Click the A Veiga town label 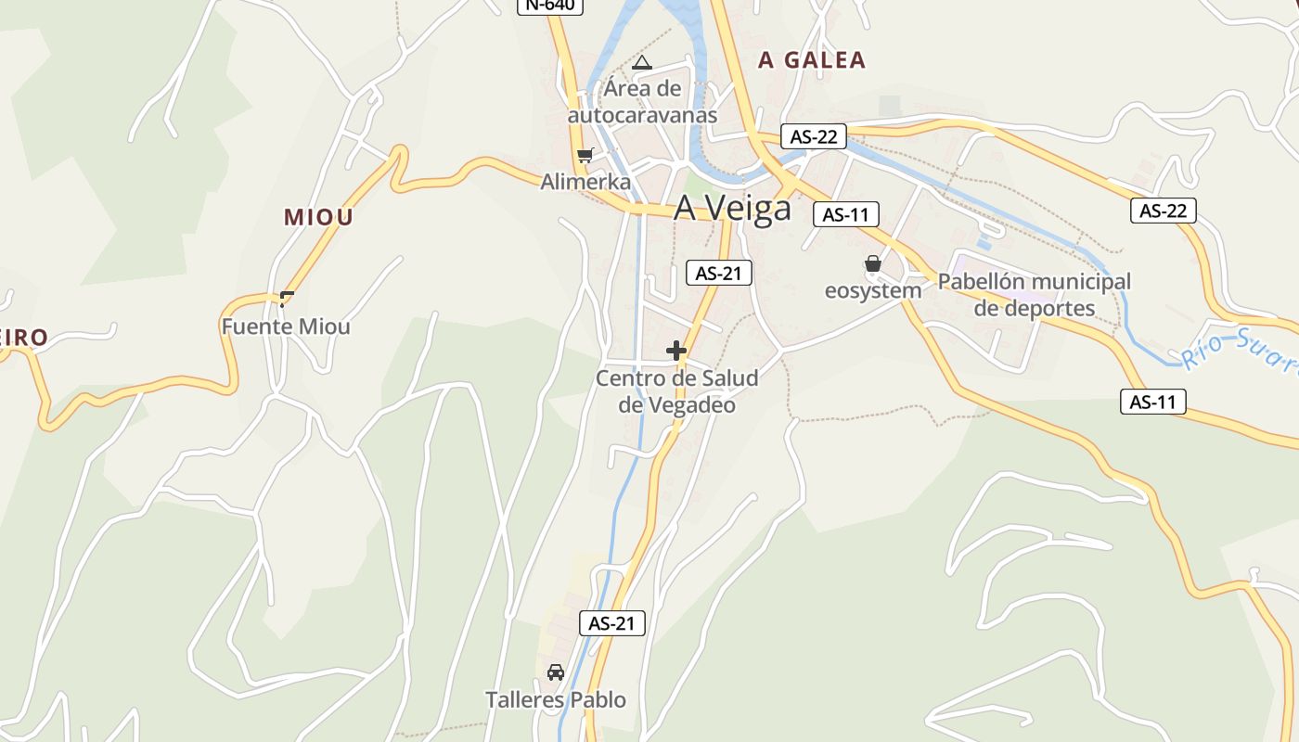point(732,208)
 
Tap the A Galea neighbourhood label point(811,60)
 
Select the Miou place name point(318,217)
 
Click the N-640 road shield point(549,5)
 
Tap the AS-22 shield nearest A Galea point(814,136)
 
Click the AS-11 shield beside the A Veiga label point(845,214)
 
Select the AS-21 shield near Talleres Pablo point(611,623)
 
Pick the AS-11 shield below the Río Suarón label point(1152,402)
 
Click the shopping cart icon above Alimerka point(585,155)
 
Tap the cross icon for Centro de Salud point(676,351)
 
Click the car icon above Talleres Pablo point(556,672)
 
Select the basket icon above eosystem point(872,263)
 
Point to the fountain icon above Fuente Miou point(287,299)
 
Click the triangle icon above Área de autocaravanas point(641,63)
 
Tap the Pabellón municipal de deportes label point(1034,294)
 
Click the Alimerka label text point(585,182)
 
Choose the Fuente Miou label point(286,326)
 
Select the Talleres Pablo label point(556,699)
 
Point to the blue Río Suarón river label point(1239,353)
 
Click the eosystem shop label point(873,290)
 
